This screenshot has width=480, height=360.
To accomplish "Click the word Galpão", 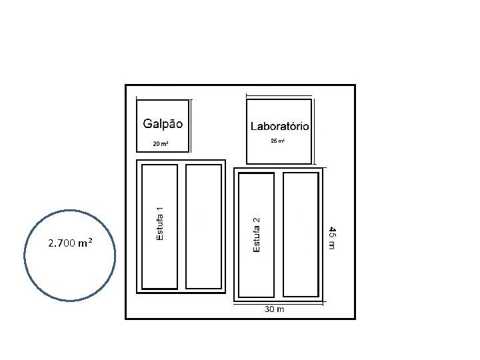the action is tap(163, 123).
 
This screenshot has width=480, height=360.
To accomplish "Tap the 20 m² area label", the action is tap(160, 144).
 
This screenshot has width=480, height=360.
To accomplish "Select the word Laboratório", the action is tap(279, 126).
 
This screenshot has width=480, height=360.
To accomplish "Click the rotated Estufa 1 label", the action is tap(160, 223).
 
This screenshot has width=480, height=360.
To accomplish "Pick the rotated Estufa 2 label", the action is tap(257, 233).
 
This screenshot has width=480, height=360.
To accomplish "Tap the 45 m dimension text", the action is tap(332, 238).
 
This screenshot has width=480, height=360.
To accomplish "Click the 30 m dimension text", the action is tap(275, 309).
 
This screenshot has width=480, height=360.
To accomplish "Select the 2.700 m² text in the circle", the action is tap(70, 243).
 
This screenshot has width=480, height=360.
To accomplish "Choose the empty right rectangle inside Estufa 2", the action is tap(301, 235).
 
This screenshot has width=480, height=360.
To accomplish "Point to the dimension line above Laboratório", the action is tap(279, 94).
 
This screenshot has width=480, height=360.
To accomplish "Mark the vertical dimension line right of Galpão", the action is tap(192, 127).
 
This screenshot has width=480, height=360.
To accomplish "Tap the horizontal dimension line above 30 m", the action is tap(279, 303).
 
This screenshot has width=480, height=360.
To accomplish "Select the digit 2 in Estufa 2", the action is tap(257, 219).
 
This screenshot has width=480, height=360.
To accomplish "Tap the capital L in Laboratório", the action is tap(254, 126).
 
